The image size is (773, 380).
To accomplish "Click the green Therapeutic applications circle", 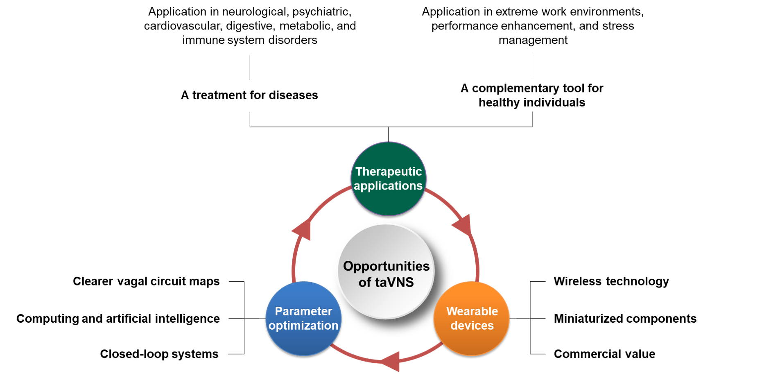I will click(x=388, y=179).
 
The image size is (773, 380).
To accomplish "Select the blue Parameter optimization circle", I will click(x=303, y=318).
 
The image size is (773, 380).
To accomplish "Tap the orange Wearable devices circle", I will click(x=472, y=318).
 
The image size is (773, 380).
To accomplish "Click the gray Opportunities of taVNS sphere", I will click(x=386, y=272).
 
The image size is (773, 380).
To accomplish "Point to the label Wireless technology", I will click(x=611, y=281).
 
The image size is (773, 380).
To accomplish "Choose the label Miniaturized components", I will click(x=625, y=319).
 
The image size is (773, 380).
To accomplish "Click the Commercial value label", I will click(x=604, y=354).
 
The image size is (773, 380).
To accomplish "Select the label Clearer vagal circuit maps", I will click(x=146, y=281).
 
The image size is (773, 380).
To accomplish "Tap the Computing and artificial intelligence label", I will click(x=118, y=319).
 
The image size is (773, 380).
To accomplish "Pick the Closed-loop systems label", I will click(x=159, y=354).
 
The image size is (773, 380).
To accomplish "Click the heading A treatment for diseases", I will click(x=249, y=95).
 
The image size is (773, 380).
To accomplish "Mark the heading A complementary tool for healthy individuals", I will click(x=532, y=95).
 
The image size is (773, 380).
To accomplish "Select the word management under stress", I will click(x=533, y=40).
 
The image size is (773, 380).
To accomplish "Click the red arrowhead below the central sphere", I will click(x=391, y=361).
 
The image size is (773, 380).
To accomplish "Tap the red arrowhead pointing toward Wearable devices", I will click(x=463, y=224).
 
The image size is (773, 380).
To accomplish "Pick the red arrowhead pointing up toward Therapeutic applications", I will click(x=302, y=229).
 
